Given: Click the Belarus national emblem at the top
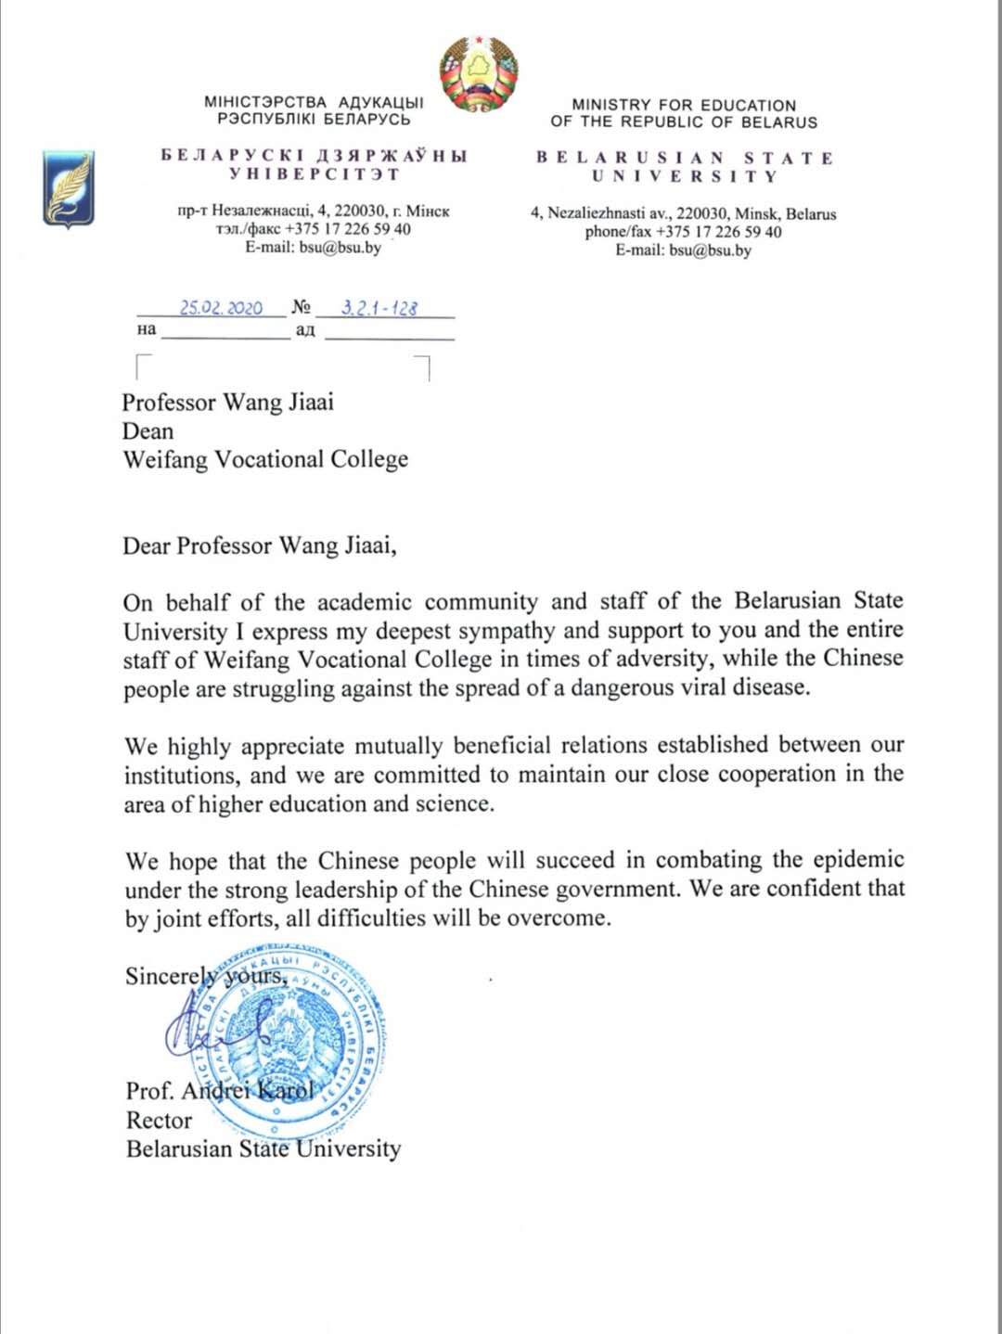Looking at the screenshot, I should tap(478, 74).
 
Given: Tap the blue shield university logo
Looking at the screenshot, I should tap(68, 188).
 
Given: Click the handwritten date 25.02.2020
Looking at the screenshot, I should tap(221, 308).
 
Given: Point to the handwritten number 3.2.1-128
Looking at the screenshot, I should tap(379, 308).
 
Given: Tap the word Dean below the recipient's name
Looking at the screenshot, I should tap(148, 431).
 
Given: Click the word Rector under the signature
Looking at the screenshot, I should tap(159, 1120).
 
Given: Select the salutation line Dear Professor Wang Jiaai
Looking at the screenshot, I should tap(260, 545).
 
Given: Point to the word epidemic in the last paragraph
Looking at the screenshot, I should tap(858, 860).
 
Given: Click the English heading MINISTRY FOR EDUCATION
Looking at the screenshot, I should tap(684, 105).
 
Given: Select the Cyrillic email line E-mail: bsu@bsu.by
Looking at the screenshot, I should tap(313, 248).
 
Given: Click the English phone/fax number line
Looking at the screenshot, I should tap(683, 232).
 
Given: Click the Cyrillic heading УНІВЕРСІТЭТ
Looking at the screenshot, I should tap(314, 173).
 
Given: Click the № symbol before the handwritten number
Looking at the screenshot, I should tap(301, 307).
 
